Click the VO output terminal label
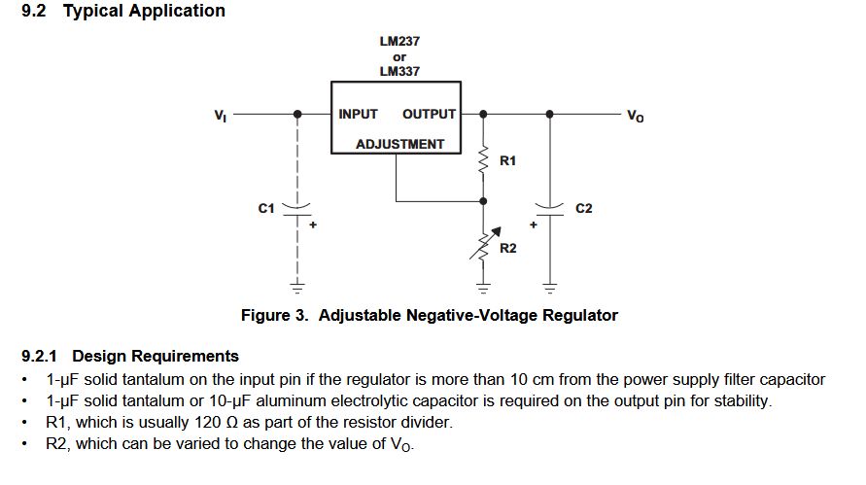(x=635, y=116)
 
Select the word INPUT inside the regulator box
(x=358, y=114)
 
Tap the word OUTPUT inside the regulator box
(x=429, y=114)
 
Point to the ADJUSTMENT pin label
(x=399, y=144)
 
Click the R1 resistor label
(x=507, y=160)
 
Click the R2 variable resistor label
(x=507, y=249)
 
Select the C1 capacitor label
(x=266, y=208)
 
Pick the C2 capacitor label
(x=583, y=208)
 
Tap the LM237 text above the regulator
(x=399, y=42)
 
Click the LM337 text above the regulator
(x=399, y=72)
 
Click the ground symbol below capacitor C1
(x=297, y=287)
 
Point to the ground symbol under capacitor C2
(x=550, y=287)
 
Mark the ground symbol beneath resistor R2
(x=484, y=287)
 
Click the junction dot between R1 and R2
(x=484, y=201)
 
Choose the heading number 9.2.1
(x=44, y=356)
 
